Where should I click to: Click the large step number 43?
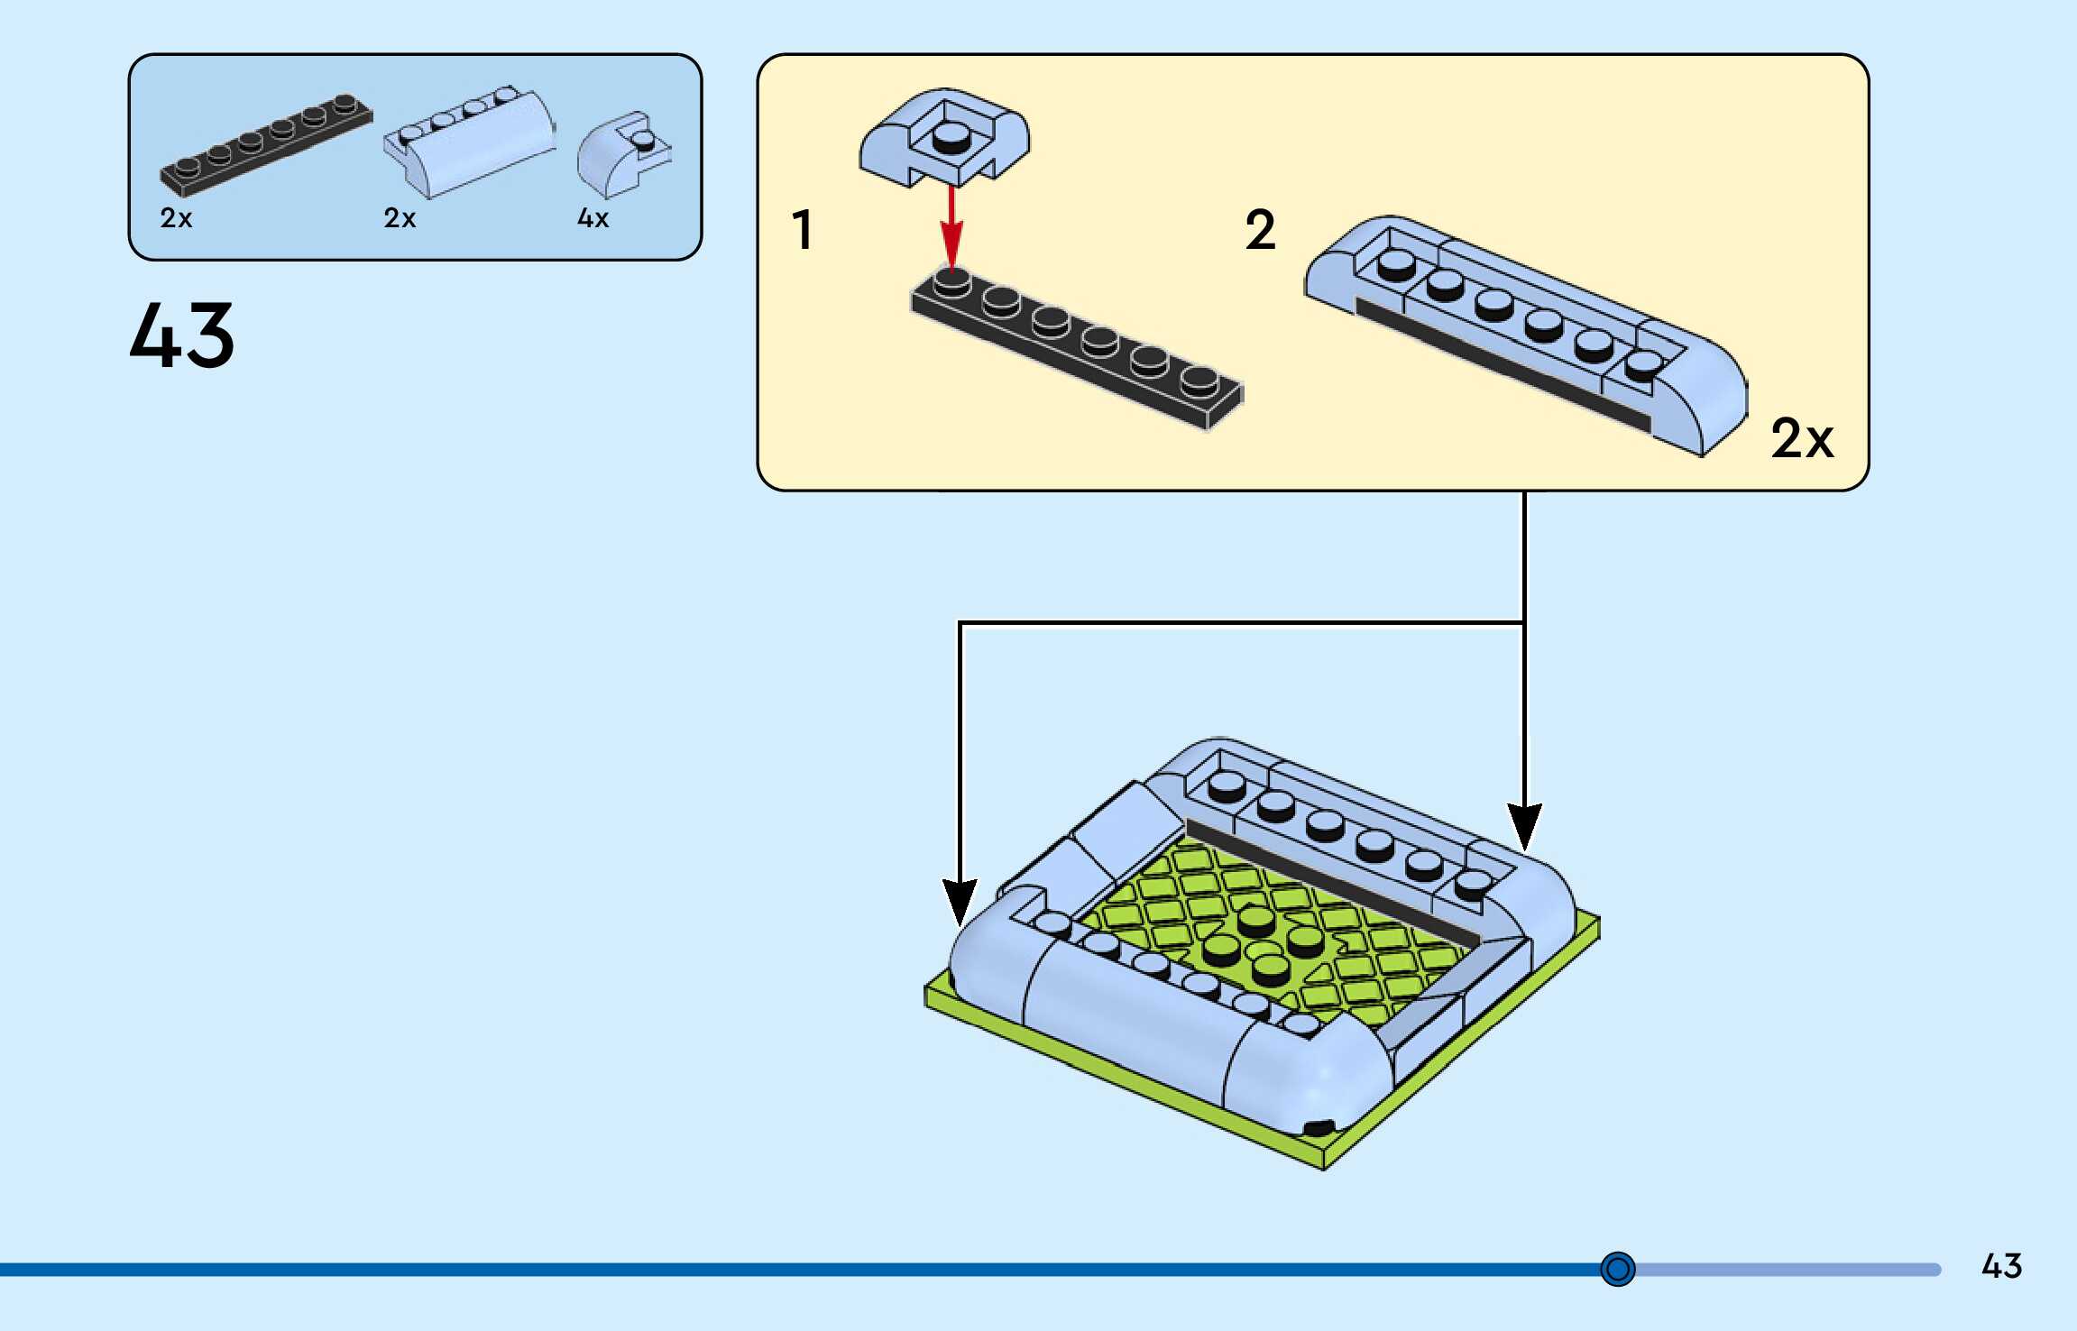182,335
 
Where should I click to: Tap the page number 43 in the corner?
2001,1266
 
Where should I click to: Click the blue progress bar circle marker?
1618,1269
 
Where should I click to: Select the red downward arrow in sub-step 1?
951,227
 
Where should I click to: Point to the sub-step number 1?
802,229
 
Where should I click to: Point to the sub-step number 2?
1261,229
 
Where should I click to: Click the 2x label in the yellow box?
1802,438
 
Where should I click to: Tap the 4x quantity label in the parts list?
593,218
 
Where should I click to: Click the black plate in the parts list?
266,144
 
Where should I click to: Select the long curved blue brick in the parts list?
469,142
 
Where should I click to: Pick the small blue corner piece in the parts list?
624,154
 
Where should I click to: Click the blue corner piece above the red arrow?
944,137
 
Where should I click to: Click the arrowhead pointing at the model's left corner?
960,902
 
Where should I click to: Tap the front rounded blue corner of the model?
1308,1078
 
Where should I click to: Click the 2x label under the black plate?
176,218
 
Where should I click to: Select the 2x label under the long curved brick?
400,218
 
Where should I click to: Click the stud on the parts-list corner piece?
643,140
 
